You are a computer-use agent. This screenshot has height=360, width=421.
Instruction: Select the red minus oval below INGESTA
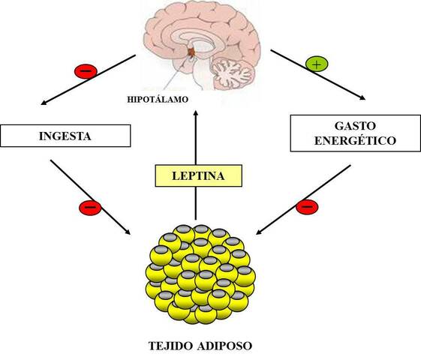point(89,205)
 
